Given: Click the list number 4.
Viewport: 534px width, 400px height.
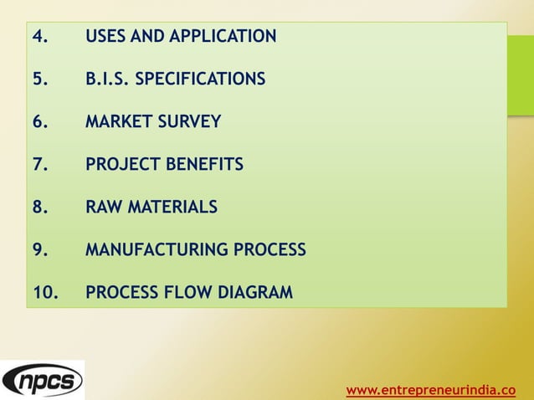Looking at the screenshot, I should pyautogui.click(x=39, y=37).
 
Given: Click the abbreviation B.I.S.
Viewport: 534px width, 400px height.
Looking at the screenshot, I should pyautogui.click(x=108, y=79).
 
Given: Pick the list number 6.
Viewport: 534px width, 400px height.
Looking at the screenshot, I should pyautogui.click(x=39, y=122).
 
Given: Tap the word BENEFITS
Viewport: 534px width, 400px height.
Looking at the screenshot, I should pyautogui.click(x=204, y=165).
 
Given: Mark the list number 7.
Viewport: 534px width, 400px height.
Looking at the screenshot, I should pyautogui.click(x=39, y=165).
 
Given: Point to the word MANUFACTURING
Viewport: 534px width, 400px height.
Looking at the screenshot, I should pyautogui.click(x=156, y=250).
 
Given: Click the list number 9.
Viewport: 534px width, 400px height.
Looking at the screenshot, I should pyautogui.click(x=39, y=250).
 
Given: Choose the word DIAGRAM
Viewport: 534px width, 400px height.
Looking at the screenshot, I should pyautogui.click(x=255, y=293).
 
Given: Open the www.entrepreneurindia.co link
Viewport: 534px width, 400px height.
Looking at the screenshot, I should pyautogui.click(x=430, y=389).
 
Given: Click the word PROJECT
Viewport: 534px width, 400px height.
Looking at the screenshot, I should pyautogui.click(x=123, y=165).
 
